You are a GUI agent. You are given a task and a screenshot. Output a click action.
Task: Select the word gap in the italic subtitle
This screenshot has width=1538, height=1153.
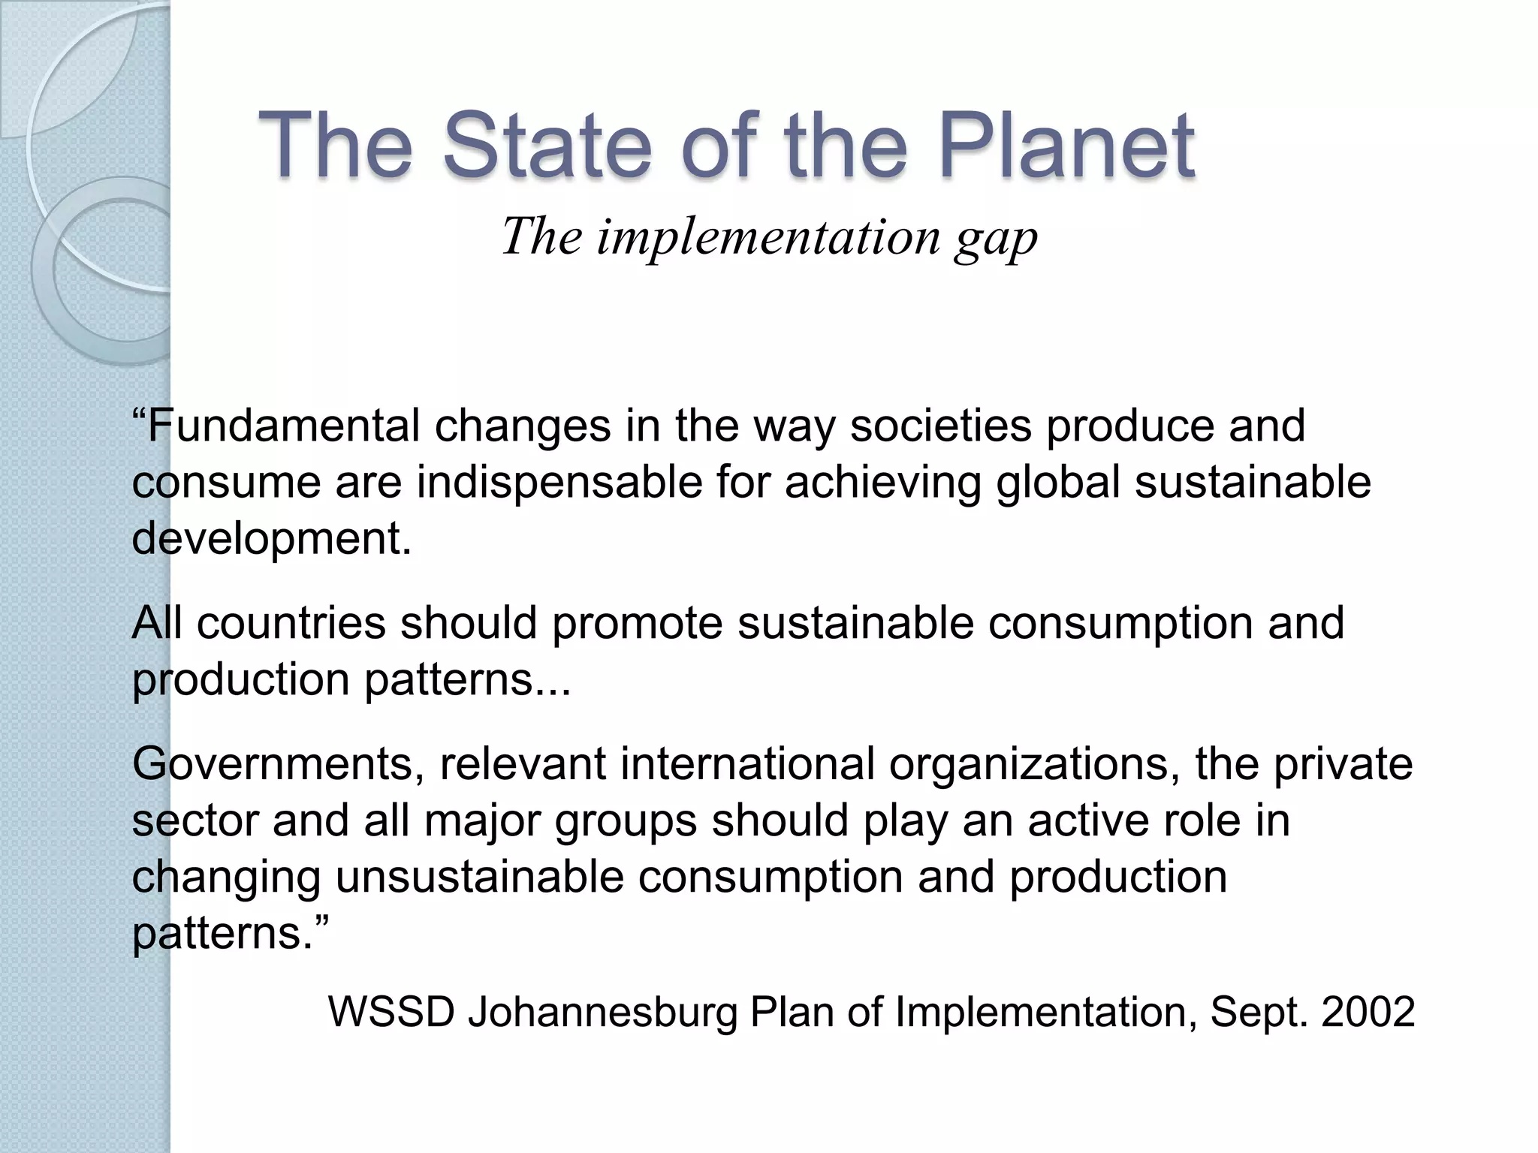point(996,239)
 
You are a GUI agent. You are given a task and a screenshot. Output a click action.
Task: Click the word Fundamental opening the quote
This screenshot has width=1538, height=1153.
point(283,426)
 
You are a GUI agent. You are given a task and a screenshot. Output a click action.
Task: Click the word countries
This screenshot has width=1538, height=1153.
point(291,623)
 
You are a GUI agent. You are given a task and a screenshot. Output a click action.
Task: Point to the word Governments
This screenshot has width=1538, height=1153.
point(273,764)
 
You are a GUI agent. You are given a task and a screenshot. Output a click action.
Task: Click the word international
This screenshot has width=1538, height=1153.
point(747,764)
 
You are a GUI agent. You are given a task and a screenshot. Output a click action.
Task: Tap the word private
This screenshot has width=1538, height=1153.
point(1343,764)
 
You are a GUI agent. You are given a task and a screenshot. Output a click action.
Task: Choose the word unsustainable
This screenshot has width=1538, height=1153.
point(479,877)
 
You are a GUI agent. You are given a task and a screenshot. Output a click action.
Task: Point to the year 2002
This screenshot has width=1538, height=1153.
point(1368,1012)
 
